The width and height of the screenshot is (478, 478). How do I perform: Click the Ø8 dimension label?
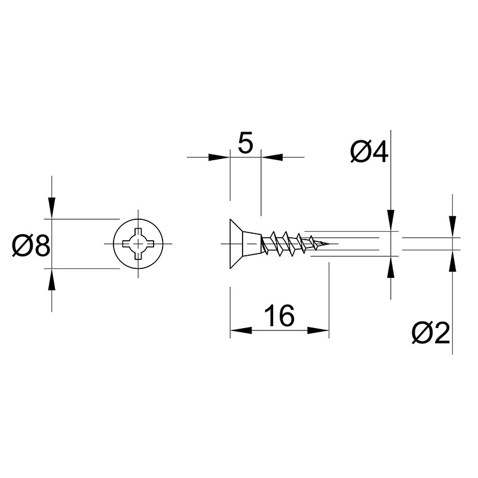point(31,246)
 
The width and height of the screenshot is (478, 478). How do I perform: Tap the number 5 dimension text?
point(246,143)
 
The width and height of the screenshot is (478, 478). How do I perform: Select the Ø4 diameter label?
point(369,152)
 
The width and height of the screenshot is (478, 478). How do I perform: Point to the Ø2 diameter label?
point(430,333)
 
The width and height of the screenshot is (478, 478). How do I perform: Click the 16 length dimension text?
point(279,316)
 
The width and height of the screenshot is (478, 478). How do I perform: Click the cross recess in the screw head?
point(138,244)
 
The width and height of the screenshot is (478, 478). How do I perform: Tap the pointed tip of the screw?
point(329,244)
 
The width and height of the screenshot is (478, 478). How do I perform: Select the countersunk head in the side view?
point(246,244)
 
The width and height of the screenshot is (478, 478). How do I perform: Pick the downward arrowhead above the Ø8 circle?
point(52,208)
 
